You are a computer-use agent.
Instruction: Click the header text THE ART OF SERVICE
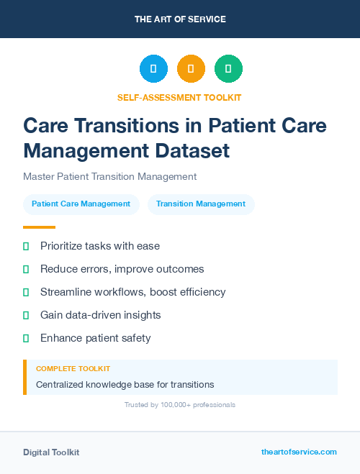coord(180,19)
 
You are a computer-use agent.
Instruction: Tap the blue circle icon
coord(153,69)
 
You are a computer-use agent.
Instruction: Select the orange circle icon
coord(191,69)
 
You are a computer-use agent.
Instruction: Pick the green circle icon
coord(228,69)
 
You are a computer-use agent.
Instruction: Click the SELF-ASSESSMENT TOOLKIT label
coord(179,97)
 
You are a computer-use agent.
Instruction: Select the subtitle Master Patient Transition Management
coord(109,176)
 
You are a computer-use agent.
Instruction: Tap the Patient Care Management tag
coord(81,204)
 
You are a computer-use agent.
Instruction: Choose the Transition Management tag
coord(201,204)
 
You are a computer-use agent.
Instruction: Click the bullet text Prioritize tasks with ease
coord(100,246)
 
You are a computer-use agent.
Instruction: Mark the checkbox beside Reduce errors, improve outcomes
coord(26,269)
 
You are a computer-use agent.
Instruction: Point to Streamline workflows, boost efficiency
coord(133,292)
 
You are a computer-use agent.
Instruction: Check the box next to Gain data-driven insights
coord(26,315)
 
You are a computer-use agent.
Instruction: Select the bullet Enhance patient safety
coord(96,338)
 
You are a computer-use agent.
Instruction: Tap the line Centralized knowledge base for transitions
coord(125,385)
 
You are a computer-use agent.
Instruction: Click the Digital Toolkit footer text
coord(51,452)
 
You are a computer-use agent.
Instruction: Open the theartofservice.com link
coord(299,452)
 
